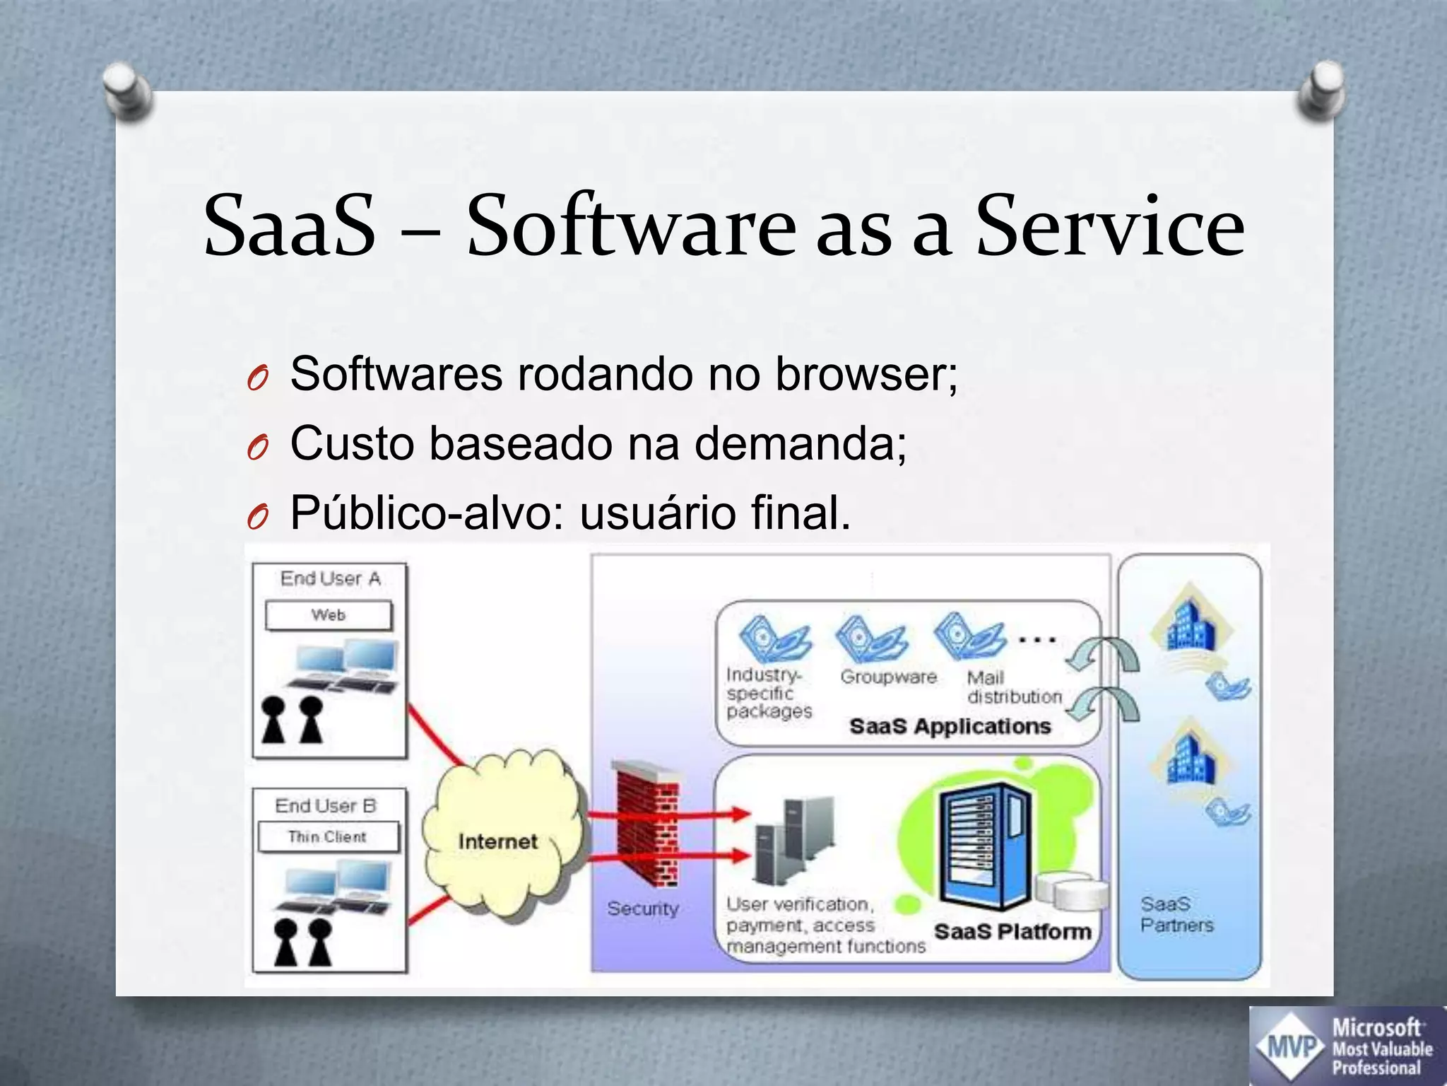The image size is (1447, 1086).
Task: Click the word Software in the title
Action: click(630, 226)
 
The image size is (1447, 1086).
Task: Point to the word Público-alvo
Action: click(427, 513)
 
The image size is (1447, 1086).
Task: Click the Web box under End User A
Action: click(329, 615)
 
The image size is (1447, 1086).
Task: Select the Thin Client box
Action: click(328, 837)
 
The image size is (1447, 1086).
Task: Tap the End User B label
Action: click(326, 805)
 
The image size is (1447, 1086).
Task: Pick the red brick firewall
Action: click(646, 824)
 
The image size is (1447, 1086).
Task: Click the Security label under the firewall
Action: click(642, 909)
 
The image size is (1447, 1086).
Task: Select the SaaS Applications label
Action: click(950, 726)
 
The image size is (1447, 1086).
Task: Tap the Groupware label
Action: click(888, 677)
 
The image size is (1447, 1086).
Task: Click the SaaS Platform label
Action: click(1012, 931)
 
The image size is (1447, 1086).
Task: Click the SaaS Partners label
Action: click(1176, 914)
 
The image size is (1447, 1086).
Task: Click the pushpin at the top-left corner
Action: click(127, 90)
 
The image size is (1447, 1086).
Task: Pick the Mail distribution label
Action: click(1013, 687)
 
